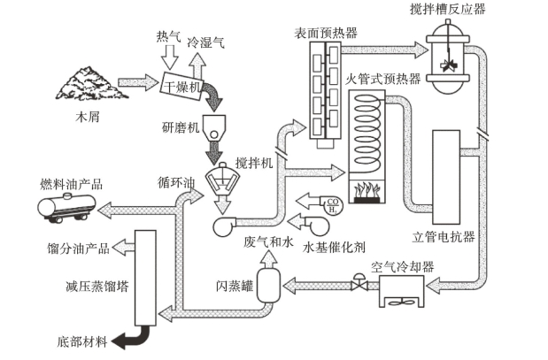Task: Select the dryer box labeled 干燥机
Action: pyautogui.click(x=184, y=86)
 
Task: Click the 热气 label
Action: pyautogui.click(x=168, y=36)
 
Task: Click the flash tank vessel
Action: pyautogui.click(x=270, y=287)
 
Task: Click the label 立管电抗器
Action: pyautogui.click(x=444, y=237)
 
